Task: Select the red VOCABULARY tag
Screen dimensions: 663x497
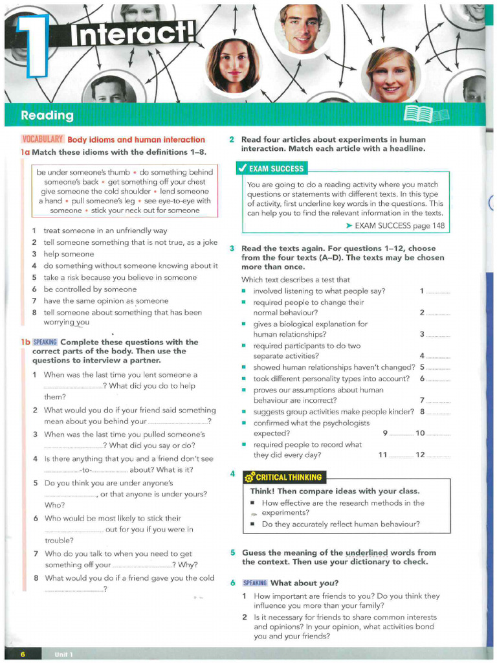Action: point(43,139)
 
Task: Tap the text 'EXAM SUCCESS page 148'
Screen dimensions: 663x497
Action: point(395,225)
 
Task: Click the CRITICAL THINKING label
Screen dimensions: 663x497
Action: point(289,477)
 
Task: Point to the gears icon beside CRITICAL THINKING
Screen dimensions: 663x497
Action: point(249,478)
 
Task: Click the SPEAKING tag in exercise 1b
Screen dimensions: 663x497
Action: point(45,342)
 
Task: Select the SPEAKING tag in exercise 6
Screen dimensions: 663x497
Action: point(255,583)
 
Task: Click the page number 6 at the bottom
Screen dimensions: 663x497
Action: point(23,654)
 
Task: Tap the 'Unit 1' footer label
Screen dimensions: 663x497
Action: point(64,654)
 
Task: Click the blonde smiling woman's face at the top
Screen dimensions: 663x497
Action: point(391,76)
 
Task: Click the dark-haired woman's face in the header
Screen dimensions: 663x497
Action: point(233,65)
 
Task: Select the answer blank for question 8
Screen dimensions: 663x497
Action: point(438,412)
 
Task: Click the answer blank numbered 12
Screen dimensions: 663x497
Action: point(438,455)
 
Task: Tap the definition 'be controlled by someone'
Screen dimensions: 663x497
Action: point(90,289)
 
